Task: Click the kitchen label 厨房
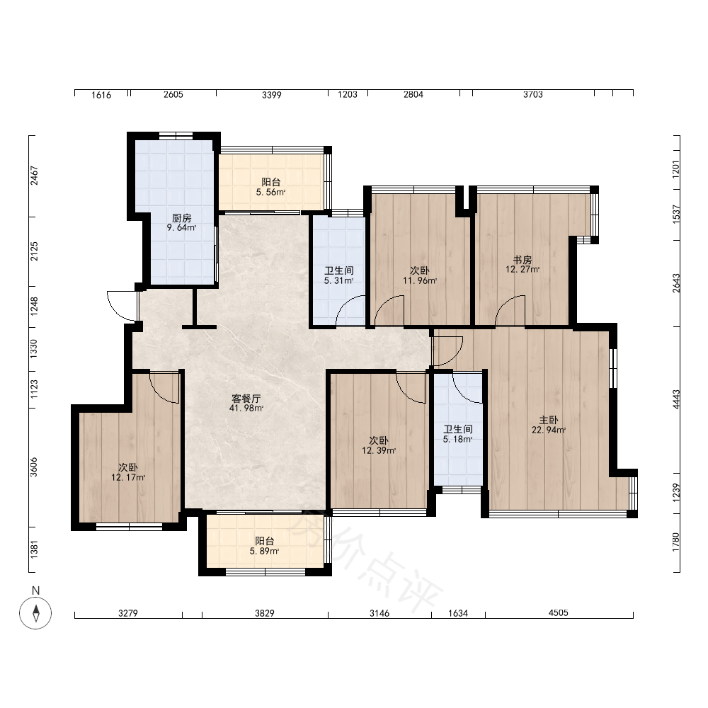tap(181, 218)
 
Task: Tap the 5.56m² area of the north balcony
tap(271, 192)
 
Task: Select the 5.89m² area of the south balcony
tap(265, 551)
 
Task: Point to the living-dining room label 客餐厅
tap(246, 398)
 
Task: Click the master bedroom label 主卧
tap(549, 420)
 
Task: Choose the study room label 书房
tap(523, 260)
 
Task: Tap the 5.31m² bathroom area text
tap(338, 280)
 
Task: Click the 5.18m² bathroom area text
tap(458, 439)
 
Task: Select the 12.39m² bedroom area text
tap(379, 450)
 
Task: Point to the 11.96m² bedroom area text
tap(420, 280)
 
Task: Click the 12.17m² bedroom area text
tap(128, 477)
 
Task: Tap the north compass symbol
tap(35, 612)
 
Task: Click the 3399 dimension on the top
tap(272, 95)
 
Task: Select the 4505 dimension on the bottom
tap(559, 612)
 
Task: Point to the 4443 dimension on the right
tap(676, 399)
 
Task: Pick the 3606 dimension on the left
tap(34, 467)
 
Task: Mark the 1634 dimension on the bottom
tap(458, 613)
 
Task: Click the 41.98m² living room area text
tap(246, 409)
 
